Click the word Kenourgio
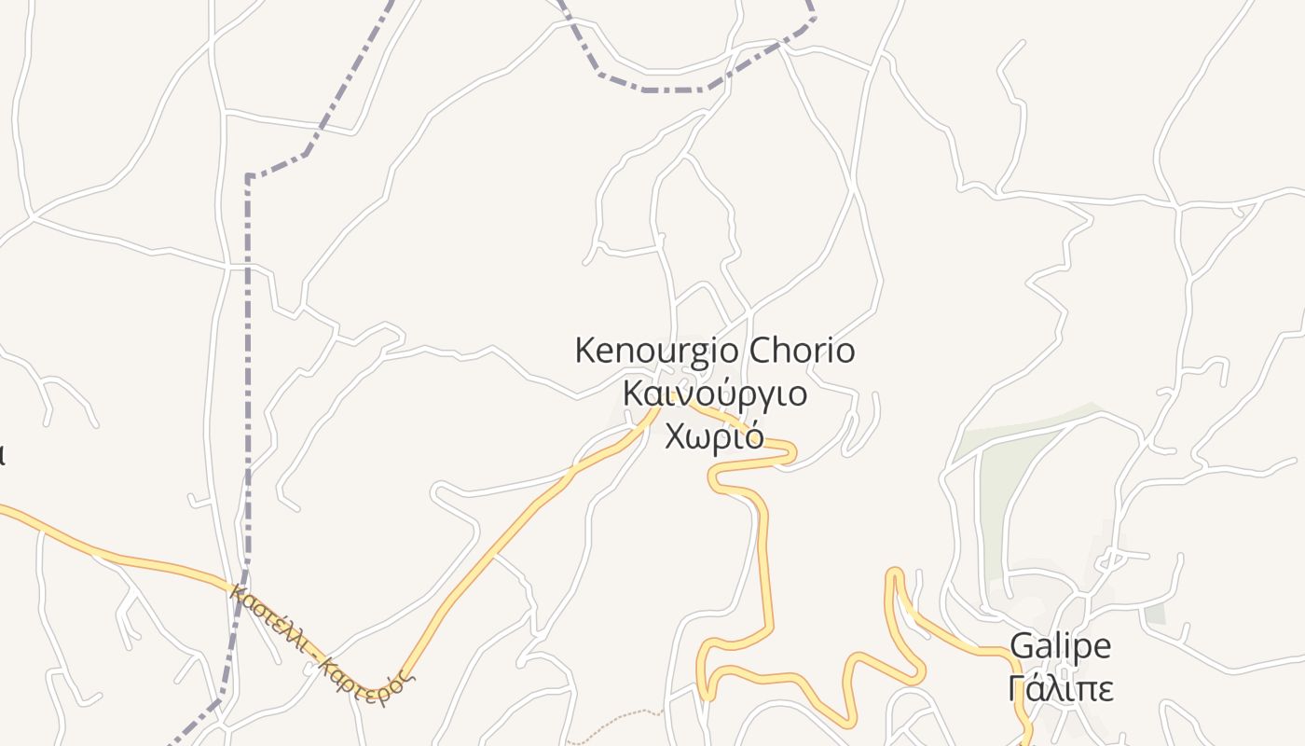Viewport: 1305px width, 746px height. (x=658, y=352)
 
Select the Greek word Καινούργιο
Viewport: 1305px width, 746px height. (x=714, y=393)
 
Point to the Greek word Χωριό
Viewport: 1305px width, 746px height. (x=714, y=435)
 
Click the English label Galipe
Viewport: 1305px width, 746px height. (x=1061, y=645)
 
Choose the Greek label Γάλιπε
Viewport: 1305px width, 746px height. (x=1061, y=688)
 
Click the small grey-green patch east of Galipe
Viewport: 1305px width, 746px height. (x=1155, y=614)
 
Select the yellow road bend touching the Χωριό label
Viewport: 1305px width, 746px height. (x=788, y=452)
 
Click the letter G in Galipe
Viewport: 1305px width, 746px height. (x=1023, y=645)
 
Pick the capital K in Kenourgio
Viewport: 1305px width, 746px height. (x=585, y=352)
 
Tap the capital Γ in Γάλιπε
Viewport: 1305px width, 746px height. (x=1018, y=688)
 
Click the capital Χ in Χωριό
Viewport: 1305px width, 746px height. (x=678, y=435)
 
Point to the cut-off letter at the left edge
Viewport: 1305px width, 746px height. (x=2, y=454)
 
